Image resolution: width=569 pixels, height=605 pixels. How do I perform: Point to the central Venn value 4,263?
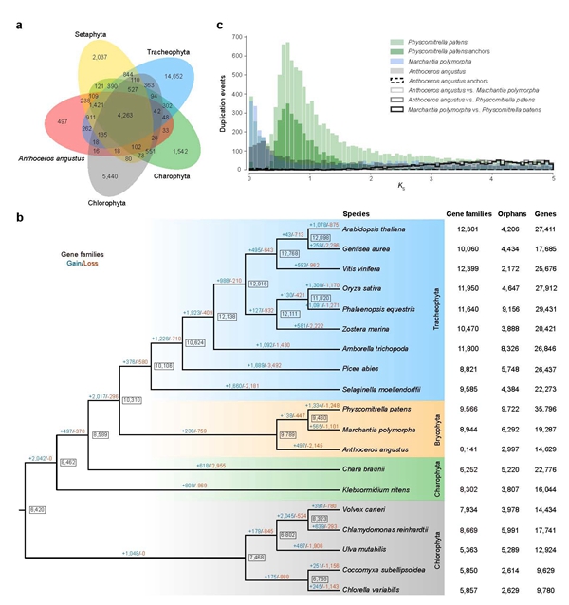click(124, 115)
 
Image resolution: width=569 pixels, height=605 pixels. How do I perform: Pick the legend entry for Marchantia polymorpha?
click(439, 60)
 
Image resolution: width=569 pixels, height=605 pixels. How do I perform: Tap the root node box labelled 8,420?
click(39, 509)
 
